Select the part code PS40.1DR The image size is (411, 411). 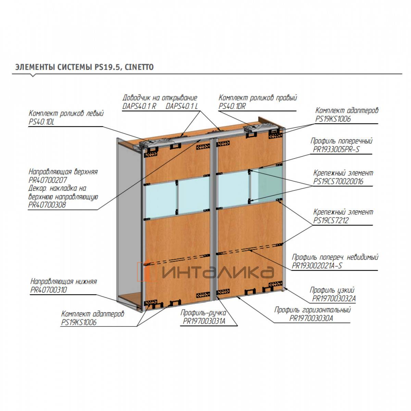point(232,106)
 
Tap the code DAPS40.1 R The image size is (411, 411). point(139,106)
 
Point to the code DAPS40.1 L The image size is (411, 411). point(182,106)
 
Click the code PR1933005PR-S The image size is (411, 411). point(336,150)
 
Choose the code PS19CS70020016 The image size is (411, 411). point(338,182)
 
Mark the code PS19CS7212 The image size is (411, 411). point(331,221)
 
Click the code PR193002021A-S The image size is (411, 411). point(317,266)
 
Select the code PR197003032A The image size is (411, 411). point(334,299)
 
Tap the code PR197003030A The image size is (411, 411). point(311,318)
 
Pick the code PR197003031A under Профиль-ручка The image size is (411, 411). point(204,321)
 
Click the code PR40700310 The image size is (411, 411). point(49,290)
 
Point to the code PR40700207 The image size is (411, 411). point(48,180)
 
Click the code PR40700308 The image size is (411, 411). point(47,205)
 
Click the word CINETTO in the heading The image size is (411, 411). point(139,67)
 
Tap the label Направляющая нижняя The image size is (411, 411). point(63,282)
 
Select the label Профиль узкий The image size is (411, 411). point(332,290)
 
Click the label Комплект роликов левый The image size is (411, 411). point(66,113)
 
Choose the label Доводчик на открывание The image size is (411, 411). point(160,98)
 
